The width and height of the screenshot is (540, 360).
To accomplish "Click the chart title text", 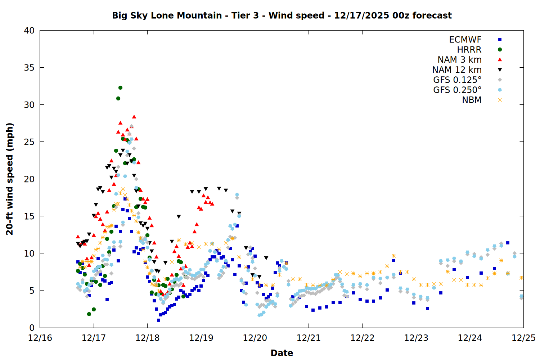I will [x=282, y=15].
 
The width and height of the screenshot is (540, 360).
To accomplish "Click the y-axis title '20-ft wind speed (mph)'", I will [x=10, y=179].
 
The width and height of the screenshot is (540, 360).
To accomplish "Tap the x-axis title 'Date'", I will [x=282, y=353].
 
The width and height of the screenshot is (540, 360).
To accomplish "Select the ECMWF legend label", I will [x=465, y=40].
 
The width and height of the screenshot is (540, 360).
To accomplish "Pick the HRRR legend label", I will [x=469, y=50].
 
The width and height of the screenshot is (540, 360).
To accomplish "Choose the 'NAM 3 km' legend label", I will [x=459, y=60].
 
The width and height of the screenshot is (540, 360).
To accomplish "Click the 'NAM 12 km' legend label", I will [x=457, y=70].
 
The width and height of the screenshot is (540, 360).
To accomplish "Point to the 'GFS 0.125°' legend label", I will [x=457, y=80].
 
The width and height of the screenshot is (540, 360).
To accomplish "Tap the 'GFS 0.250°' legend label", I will [x=457, y=90].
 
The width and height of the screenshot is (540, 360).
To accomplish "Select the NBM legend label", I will [x=472, y=100].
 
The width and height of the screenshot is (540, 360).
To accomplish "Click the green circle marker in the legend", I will [x=500, y=50].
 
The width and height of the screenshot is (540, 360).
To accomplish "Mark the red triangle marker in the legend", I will [x=500, y=59].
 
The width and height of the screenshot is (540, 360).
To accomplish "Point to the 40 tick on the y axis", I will [x=29, y=31].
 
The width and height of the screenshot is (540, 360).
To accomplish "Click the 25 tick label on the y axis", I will [x=29, y=142].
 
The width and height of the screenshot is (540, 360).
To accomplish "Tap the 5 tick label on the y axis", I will [x=32, y=291].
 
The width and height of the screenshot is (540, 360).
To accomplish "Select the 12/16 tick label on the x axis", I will [x=40, y=338].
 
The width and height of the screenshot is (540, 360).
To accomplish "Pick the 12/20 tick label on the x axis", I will [x=255, y=338].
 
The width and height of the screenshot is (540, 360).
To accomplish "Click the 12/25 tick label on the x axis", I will [x=523, y=338].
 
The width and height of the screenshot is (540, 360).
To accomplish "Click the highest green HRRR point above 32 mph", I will [x=120, y=88].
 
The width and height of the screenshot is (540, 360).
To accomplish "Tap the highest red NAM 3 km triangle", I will [x=134, y=117].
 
